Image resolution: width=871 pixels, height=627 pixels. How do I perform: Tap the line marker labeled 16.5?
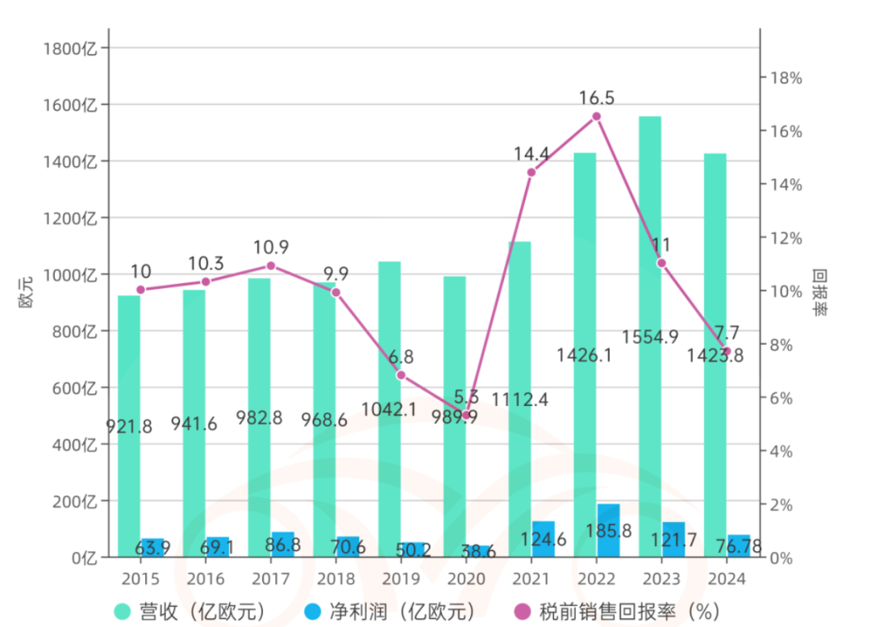pyautogui.click(x=596, y=116)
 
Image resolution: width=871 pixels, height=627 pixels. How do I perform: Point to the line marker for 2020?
pyautogui.click(x=465, y=415)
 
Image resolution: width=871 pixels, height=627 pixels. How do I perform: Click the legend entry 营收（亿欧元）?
pyautogui.click(x=190, y=611)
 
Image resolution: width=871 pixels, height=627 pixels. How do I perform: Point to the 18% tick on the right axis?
pyautogui.click(x=786, y=78)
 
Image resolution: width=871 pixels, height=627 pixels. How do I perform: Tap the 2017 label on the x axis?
pyautogui.click(x=270, y=579)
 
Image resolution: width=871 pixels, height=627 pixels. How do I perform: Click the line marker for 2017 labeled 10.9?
pyautogui.click(x=271, y=265)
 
